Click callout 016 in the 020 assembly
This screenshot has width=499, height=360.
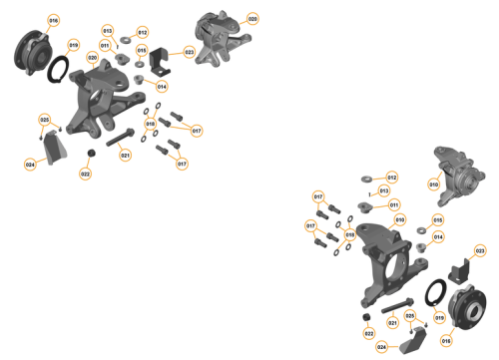54,20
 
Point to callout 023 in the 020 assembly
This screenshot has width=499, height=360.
190,53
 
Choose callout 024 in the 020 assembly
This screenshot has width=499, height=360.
31,165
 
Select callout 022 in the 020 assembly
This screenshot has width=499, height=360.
86,175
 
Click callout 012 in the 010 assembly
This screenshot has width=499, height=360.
392,178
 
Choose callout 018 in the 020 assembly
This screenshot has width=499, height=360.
151,124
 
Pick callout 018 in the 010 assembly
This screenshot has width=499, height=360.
350,235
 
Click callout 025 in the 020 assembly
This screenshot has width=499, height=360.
44,120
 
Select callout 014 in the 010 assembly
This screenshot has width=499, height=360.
437,237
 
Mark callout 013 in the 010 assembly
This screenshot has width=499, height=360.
384,190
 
